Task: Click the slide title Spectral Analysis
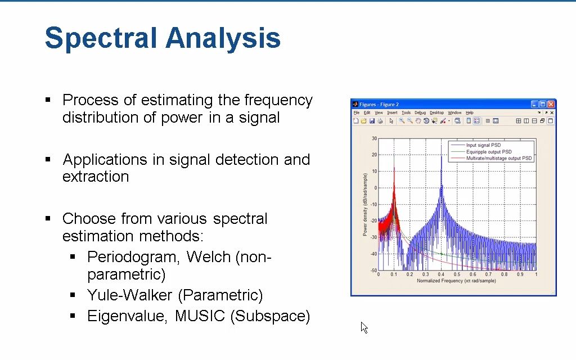pos(162,38)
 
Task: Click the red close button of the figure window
pos(551,104)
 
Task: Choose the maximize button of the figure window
pos(542,104)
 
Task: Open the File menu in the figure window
pos(356,112)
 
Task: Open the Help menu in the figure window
pos(469,112)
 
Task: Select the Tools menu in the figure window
pos(406,112)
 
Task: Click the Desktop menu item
pos(436,112)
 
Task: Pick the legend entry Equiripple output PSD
pos(489,152)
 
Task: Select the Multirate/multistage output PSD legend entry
pos(498,158)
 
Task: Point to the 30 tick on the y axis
pos(374,138)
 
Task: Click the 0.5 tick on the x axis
pos(457,274)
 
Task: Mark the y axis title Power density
pos(365,204)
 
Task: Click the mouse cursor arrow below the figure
pos(363,326)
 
